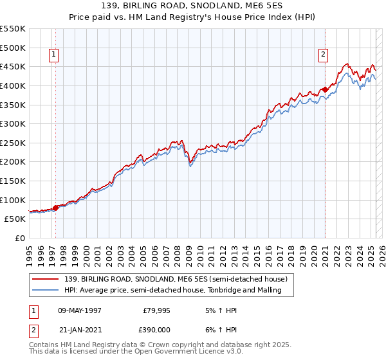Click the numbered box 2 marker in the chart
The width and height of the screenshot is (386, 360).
(x=323, y=55)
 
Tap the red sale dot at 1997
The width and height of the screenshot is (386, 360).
(x=55, y=207)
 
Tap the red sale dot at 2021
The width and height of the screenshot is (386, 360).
(x=326, y=89)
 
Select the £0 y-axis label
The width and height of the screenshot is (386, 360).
(x=19, y=238)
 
